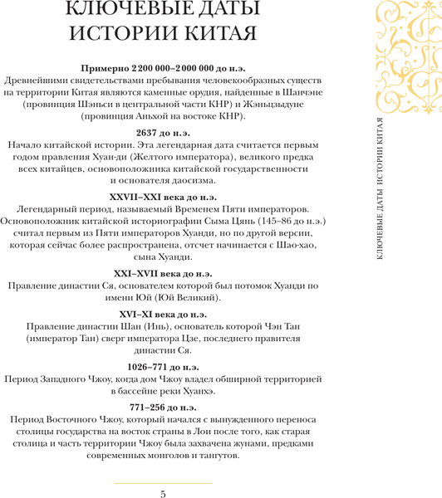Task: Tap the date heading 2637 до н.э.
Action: click(x=163, y=131)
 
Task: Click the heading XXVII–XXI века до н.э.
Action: click(x=163, y=197)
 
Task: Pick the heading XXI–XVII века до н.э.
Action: click(x=163, y=273)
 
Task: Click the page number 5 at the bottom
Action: click(x=163, y=494)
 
